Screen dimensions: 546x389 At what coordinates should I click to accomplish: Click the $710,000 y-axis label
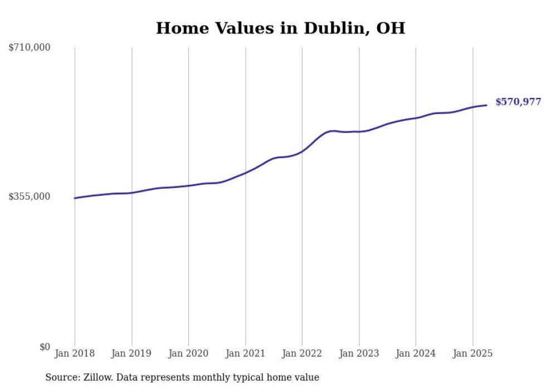click(x=29, y=47)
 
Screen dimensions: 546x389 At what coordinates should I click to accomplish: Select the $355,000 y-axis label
click(x=29, y=196)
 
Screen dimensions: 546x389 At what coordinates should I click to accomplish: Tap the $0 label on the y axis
click(x=45, y=347)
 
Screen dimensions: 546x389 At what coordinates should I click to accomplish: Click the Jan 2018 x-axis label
click(x=75, y=353)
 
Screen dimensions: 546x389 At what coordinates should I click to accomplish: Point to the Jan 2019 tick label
click(x=131, y=353)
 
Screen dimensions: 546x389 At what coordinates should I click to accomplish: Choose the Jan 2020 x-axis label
click(x=188, y=353)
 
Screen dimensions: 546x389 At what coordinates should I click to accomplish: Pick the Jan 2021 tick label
click(x=246, y=353)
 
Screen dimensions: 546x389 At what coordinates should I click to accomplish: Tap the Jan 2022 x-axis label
click(x=302, y=353)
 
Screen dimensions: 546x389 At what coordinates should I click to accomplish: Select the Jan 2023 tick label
click(x=359, y=353)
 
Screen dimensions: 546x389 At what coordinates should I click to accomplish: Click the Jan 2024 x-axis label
click(x=416, y=353)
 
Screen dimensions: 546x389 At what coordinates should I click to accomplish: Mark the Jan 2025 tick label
click(x=472, y=353)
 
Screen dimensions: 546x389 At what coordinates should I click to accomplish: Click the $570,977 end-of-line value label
click(x=519, y=102)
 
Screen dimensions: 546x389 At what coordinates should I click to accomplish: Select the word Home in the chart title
click(x=182, y=28)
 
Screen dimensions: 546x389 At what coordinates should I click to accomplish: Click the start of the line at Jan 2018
click(x=75, y=198)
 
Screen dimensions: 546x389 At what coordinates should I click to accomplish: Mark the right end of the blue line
click(x=486, y=105)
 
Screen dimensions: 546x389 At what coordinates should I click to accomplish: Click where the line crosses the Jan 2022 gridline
click(x=302, y=151)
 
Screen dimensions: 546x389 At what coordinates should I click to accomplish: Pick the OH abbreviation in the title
click(x=391, y=28)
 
